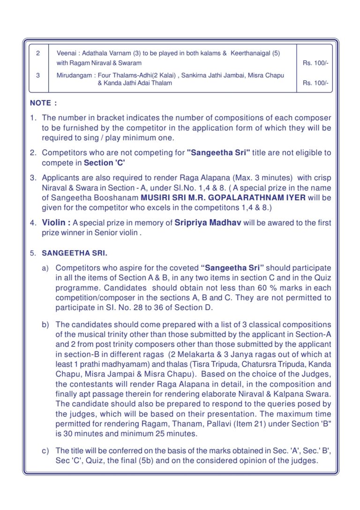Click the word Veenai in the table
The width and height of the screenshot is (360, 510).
(65, 53)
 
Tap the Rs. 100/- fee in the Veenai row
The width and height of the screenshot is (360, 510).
(315, 63)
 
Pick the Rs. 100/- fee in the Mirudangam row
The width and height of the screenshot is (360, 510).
(315, 84)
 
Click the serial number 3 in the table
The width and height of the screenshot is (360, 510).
(38, 75)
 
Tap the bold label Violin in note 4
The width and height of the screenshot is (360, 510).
(56, 222)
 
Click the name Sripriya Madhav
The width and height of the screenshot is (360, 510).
(208, 222)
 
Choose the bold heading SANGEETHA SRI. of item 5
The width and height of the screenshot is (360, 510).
(75, 253)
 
